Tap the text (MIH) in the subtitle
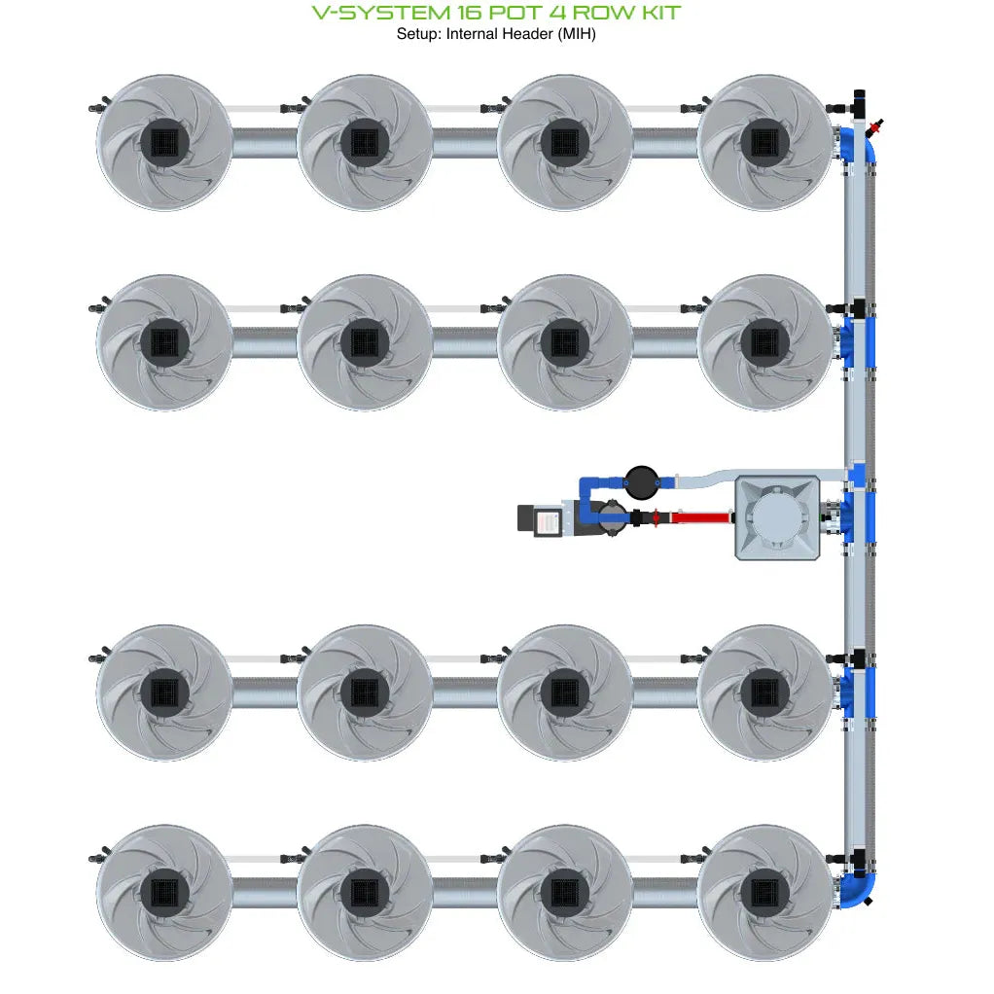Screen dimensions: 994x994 tap(578, 33)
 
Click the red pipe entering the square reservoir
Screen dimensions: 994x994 tap(700, 517)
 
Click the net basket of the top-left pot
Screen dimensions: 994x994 tap(164, 143)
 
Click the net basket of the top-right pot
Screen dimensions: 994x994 tap(764, 143)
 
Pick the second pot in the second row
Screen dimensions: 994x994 tap(365, 341)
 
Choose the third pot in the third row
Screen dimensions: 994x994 tap(565, 692)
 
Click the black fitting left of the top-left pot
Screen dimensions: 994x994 tap(97, 106)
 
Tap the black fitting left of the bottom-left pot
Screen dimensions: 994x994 tap(97, 858)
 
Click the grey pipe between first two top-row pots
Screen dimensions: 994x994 tap(265, 143)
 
